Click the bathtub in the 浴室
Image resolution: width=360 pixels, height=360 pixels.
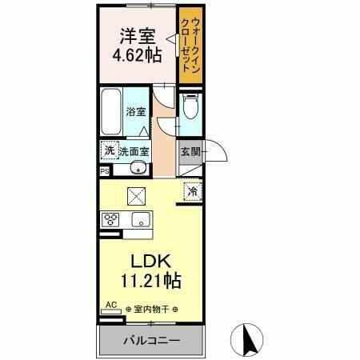pyautogui.click(x=112, y=112)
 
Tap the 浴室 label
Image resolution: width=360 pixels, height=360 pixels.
pyautogui.click(x=136, y=113)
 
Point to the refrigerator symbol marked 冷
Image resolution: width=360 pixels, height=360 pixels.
pyautogui.click(x=193, y=190)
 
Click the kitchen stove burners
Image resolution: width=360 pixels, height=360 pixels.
pyautogui.click(x=110, y=218)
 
